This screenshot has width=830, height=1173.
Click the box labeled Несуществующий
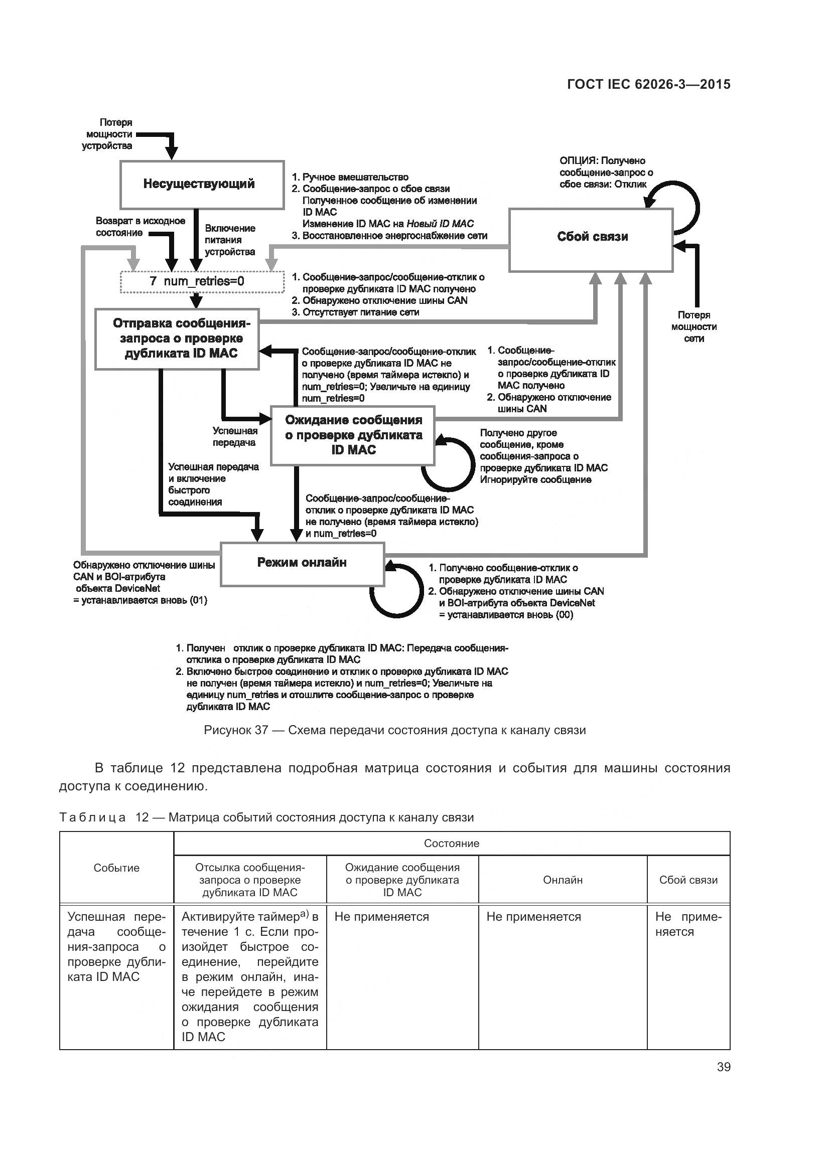click(202, 185)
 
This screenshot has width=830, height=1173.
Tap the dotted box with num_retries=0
click(202, 281)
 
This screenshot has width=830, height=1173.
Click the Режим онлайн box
click(302, 564)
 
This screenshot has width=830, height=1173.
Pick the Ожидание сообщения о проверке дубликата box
click(353, 435)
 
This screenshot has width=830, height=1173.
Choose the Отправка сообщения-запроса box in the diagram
click(177, 338)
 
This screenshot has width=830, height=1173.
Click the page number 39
click(723, 1066)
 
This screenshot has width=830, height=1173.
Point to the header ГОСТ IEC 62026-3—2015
click(648, 85)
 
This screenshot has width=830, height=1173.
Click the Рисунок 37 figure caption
click(394, 730)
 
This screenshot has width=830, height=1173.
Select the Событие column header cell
click(116, 868)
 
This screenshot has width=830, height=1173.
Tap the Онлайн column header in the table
click(563, 880)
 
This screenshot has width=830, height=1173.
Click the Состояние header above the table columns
click(451, 844)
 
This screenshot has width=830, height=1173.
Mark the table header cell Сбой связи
click(688, 880)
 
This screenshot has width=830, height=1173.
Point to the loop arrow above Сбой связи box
click(685, 207)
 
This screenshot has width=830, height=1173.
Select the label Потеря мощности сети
click(694, 326)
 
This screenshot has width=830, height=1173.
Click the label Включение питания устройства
click(230, 240)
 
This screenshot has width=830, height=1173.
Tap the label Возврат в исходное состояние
click(140, 227)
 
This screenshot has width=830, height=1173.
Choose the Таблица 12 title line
click(266, 817)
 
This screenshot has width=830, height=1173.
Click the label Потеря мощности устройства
click(107, 134)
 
